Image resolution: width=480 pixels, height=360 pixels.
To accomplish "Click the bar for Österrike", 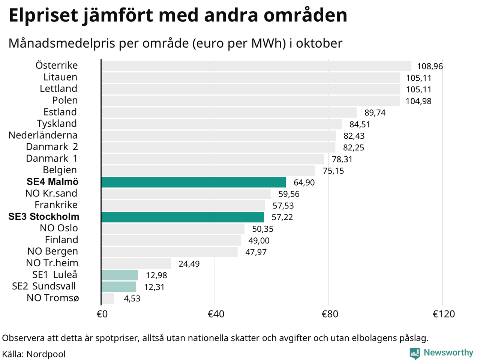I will pyautogui.click(x=256, y=66).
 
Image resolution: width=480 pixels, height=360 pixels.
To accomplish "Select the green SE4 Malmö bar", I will pyautogui.click(x=193, y=182).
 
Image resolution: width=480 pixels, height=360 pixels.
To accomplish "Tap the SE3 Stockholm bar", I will pyautogui.click(x=183, y=217).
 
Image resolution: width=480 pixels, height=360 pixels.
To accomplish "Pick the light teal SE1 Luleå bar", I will pyautogui.click(x=120, y=275).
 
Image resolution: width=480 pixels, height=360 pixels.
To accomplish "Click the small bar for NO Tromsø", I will pyautogui.click(x=108, y=298).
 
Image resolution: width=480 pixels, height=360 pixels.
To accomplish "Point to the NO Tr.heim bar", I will pyautogui.click(x=136, y=264).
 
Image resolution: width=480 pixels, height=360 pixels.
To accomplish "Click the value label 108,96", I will pyautogui.click(x=430, y=66).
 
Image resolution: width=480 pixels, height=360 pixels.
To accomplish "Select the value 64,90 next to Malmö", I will pyautogui.click(x=304, y=183).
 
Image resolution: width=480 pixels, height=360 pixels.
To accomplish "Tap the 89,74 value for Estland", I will pyautogui.click(x=375, y=113).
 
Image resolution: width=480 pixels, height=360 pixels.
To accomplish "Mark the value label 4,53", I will pyautogui.click(x=132, y=299).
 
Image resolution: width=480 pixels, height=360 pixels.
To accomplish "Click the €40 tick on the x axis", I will pyautogui.click(x=216, y=314).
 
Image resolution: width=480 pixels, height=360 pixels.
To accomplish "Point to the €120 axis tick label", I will pyautogui.click(x=444, y=314).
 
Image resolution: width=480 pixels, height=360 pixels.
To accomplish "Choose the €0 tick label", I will pyautogui.click(x=102, y=314).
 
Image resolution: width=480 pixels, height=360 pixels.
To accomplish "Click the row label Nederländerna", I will pyautogui.click(x=43, y=135).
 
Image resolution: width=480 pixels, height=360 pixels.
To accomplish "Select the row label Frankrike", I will pyautogui.click(x=56, y=205).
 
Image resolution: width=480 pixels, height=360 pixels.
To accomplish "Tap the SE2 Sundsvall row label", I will pyautogui.click(x=44, y=286).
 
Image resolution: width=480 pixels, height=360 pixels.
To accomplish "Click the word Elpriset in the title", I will pyautogui.click(x=43, y=16).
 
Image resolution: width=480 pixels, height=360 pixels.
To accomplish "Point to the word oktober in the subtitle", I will pyautogui.click(x=319, y=43).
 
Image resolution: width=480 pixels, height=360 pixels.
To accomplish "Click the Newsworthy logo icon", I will pyautogui.click(x=415, y=353).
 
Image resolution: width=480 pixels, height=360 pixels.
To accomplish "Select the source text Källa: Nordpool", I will pyautogui.click(x=34, y=354).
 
